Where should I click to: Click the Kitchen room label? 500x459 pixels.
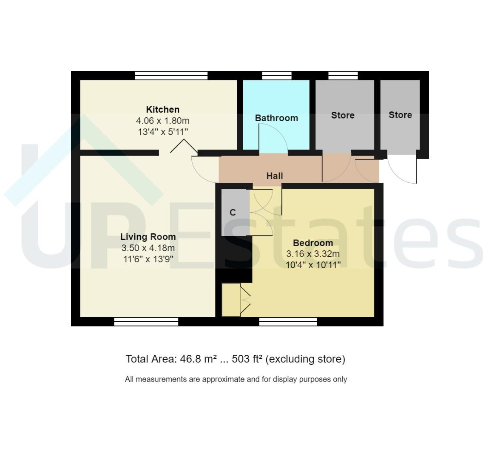162,110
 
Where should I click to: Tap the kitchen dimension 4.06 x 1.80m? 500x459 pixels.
162,121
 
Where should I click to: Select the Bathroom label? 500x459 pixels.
276,118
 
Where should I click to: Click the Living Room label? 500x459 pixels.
148,237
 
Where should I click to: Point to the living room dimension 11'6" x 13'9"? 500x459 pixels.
148,259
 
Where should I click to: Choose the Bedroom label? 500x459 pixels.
313,243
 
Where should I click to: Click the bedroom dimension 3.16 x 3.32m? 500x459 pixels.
313,254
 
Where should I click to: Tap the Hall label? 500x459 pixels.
274,176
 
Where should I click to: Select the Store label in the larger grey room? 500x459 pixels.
343,115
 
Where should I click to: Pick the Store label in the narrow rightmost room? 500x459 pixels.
400,115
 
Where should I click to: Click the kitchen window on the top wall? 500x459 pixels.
171,76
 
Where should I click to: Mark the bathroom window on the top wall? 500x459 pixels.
276,76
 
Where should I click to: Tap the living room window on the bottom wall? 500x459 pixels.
146,322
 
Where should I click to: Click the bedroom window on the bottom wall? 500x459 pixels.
288,322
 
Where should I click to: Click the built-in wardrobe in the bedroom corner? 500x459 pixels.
231,300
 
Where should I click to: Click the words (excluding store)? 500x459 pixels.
305,359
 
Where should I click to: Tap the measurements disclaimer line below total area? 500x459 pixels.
236,379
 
